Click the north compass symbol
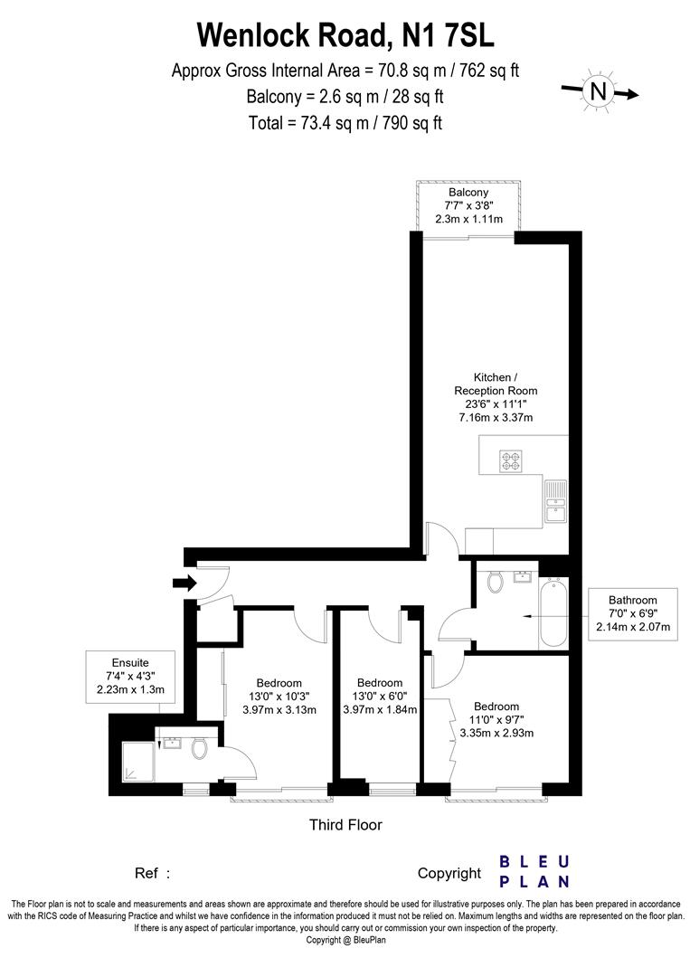click(599, 91)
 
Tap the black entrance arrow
click(185, 583)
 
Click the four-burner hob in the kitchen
click(511, 460)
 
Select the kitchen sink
click(555, 502)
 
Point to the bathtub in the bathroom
click(553, 612)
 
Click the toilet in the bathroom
click(496, 582)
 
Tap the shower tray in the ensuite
click(137, 761)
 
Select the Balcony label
click(468, 193)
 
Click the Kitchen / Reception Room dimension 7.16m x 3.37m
click(496, 417)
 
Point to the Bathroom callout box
click(633, 613)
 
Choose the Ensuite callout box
click(131, 677)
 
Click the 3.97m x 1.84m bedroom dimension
click(380, 709)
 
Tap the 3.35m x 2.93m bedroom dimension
click(496, 733)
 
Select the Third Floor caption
click(345, 825)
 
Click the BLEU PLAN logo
click(534, 872)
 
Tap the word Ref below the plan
click(147, 874)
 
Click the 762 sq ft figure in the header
click(489, 71)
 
